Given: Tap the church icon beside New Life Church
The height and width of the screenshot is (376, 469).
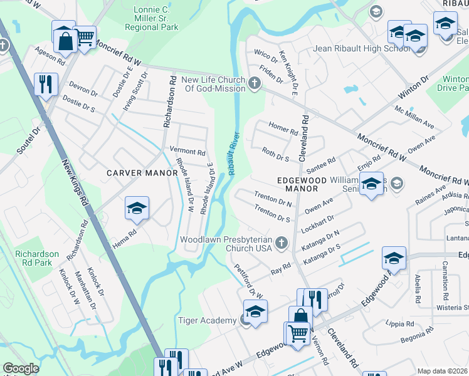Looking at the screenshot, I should (x=255, y=83).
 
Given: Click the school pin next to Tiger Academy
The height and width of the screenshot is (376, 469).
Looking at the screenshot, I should (x=255, y=312).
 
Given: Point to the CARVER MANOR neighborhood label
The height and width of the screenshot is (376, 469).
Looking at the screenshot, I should (x=142, y=172).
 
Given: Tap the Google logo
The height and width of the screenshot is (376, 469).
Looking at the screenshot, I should (x=21, y=368).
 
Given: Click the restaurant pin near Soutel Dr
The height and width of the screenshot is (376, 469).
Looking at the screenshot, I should (x=46, y=84).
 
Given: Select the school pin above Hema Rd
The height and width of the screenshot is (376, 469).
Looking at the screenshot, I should (x=137, y=209).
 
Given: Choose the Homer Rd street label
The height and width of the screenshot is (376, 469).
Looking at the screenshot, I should (x=283, y=128).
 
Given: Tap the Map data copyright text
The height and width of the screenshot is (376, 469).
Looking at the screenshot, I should (x=443, y=371).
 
